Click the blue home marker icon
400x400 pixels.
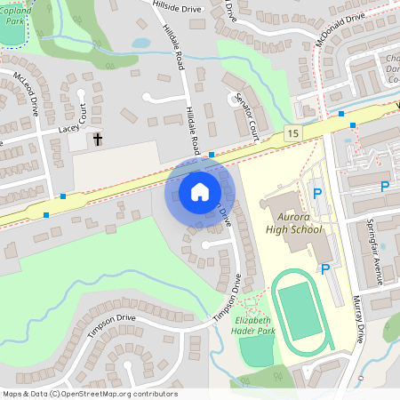click(x=199, y=191)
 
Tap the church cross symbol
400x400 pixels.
click(x=98, y=140)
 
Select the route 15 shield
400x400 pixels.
click(x=292, y=132)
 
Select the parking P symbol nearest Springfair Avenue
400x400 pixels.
click(x=385, y=187)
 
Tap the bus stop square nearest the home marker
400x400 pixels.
click(x=212, y=155)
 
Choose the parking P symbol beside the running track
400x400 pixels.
click(x=325, y=268)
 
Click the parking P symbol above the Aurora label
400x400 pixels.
click(x=316, y=191)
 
